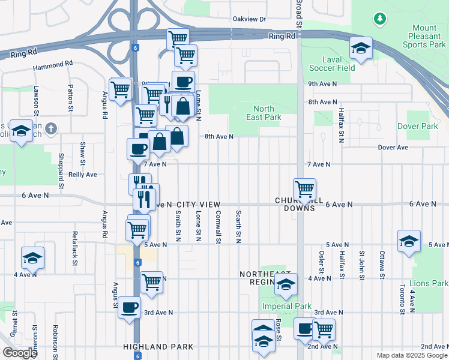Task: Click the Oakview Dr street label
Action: [x=249, y=19]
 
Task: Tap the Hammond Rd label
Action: [x=53, y=62]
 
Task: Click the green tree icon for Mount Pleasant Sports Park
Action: [x=379, y=19]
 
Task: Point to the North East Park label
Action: [x=264, y=113]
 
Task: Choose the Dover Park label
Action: [x=418, y=126]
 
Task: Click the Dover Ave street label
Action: [x=393, y=147]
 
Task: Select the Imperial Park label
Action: [x=286, y=306]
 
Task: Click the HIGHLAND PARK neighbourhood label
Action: [x=158, y=347]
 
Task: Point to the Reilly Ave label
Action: [x=82, y=175]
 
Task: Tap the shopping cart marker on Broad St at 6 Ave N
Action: [x=304, y=189]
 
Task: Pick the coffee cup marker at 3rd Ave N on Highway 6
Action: [x=129, y=308]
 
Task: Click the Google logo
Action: [x=20, y=353]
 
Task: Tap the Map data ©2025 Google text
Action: [x=411, y=355]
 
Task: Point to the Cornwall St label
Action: [x=218, y=227]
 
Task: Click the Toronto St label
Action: [x=401, y=299]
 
